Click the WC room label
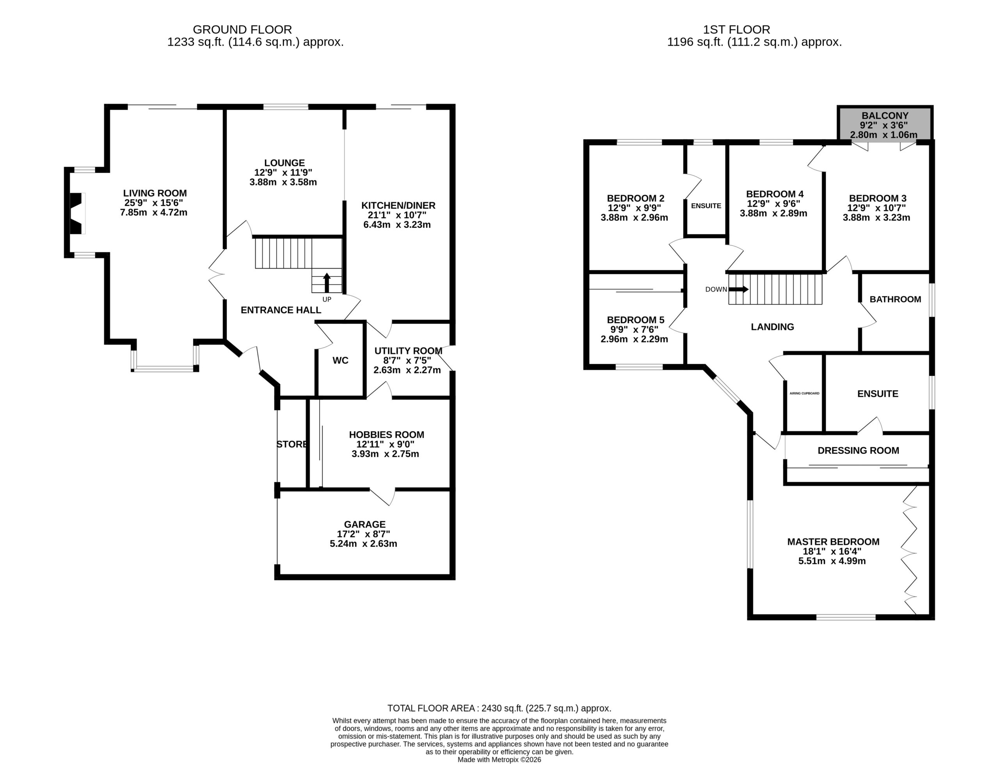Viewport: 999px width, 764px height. (x=340, y=361)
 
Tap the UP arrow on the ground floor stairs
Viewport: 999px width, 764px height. (x=327, y=282)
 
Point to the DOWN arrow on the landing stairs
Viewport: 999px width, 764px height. (x=738, y=289)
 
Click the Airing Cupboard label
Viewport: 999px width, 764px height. (x=804, y=394)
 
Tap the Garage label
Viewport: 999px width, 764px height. (x=364, y=524)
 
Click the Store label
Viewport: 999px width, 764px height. (x=292, y=444)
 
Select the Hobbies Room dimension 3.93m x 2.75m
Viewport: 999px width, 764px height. (x=385, y=454)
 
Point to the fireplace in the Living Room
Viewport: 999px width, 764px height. (x=76, y=213)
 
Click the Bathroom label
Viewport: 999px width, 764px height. (x=895, y=299)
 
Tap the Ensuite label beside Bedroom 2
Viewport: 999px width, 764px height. (x=706, y=206)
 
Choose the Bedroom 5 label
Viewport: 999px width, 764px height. (x=636, y=320)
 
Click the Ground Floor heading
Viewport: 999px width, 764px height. (x=242, y=30)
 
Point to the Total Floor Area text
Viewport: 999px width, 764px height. (x=499, y=708)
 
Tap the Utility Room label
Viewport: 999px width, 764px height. (x=408, y=351)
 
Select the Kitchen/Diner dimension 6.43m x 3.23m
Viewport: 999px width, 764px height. (x=397, y=225)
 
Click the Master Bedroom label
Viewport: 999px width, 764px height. (x=834, y=542)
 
